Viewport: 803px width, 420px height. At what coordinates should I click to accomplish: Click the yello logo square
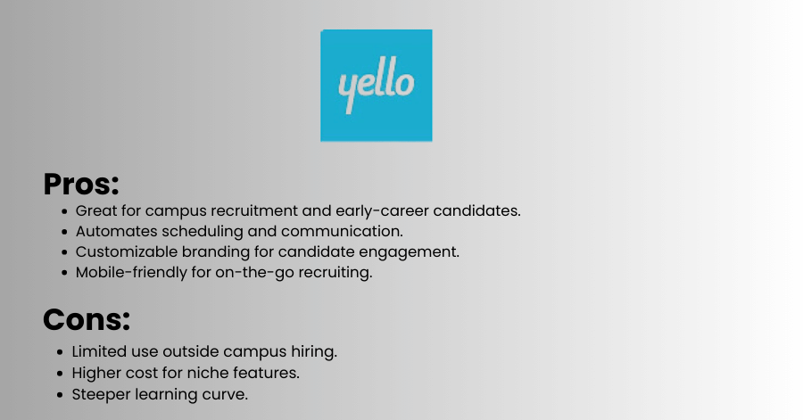pyautogui.click(x=377, y=86)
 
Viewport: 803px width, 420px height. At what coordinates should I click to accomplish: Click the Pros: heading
pyautogui.click(x=81, y=185)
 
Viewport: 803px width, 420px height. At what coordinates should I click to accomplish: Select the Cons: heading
pyautogui.click(x=87, y=320)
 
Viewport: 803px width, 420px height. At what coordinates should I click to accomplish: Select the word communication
pyautogui.click(x=342, y=231)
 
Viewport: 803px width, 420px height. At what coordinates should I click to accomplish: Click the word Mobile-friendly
pyautogui.click(x=131, y=273)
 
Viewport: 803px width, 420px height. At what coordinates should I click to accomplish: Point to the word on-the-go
pyautogui.click(x=254, y=273)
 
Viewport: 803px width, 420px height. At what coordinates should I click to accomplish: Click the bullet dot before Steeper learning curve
pyautogui.click(x=61, y=395)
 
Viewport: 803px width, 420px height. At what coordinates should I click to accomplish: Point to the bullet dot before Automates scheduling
pyautogui.click(x=64, y=232)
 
